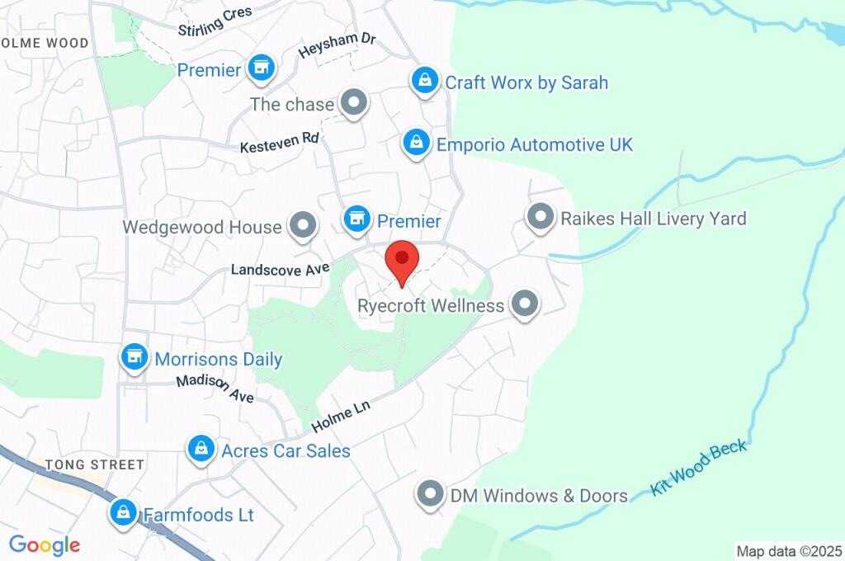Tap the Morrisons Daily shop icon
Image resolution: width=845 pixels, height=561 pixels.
pos(133,358)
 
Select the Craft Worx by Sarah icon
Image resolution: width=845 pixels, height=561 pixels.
pos(424,81)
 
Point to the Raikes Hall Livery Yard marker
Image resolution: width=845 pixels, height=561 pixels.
pos(541,218)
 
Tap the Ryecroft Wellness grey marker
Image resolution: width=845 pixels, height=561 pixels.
pos(524,304)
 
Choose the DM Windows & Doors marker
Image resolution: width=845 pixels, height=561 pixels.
pos(429,495)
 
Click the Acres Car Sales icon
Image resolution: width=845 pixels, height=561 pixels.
pos(200,450)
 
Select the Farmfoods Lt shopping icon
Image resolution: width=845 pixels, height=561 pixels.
pos(123,513)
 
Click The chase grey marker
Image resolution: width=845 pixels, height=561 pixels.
pos(355,104)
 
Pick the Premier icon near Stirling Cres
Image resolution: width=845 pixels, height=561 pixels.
pos(262,68)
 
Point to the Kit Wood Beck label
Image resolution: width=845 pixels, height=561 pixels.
pos(698,468)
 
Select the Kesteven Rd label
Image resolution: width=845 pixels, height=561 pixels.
pos(279,143)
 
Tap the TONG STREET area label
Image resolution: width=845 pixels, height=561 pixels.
pos(95,465)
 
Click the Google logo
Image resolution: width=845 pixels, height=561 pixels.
pos(44,544)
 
